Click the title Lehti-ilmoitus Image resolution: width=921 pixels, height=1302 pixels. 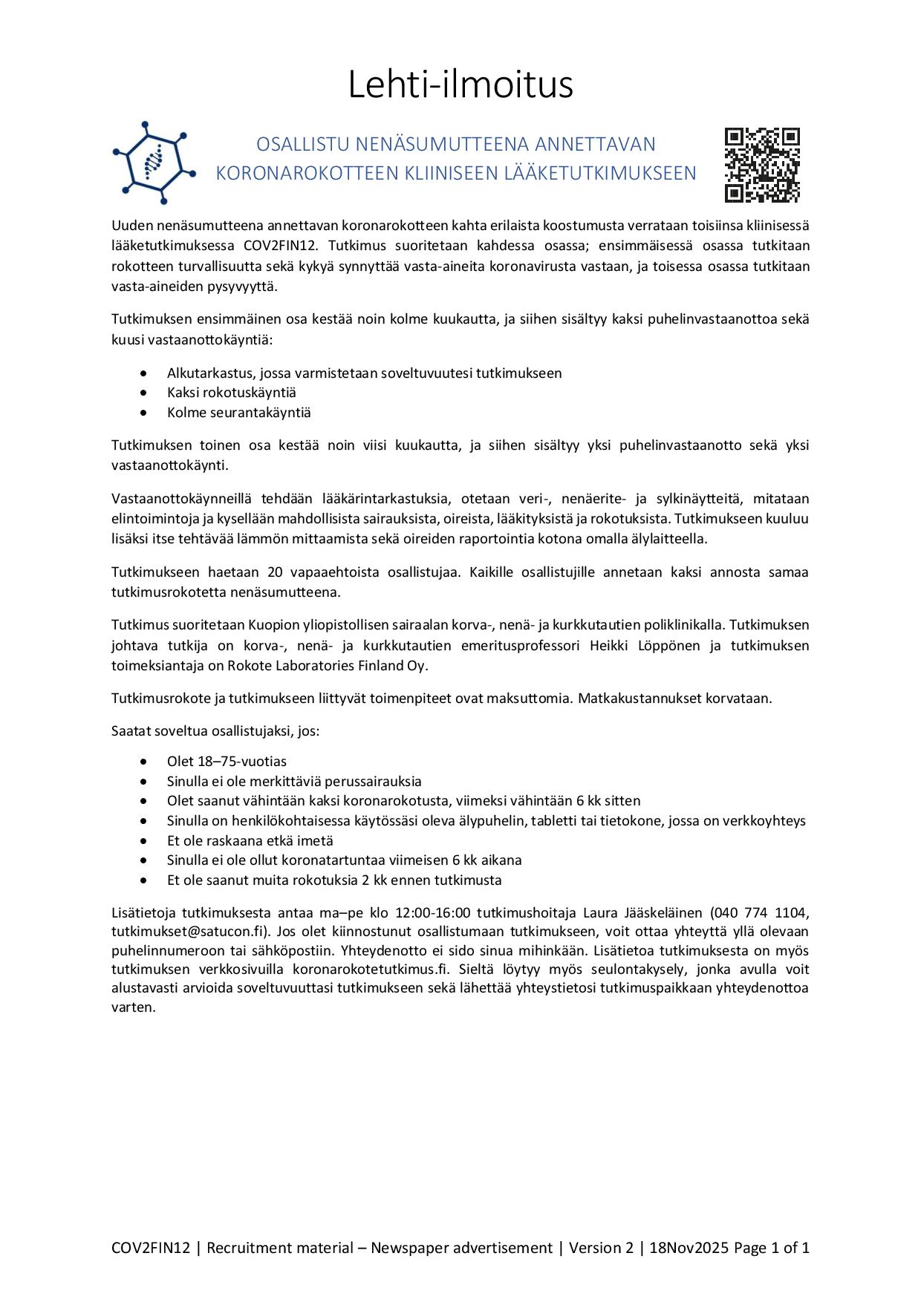pos(461,85)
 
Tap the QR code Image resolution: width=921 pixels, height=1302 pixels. pos(762,165)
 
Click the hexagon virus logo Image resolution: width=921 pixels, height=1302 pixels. pos(154,163)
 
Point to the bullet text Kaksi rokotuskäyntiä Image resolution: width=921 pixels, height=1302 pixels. pos(231,393)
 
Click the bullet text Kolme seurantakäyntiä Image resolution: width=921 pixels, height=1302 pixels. pos(238,413)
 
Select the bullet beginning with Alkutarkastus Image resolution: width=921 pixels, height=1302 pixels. pos(364,373)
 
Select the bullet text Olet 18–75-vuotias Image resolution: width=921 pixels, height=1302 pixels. pos(227,762)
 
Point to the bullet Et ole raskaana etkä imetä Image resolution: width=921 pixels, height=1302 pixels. pos(250,841)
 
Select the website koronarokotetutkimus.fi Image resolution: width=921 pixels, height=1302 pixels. pos(371,969)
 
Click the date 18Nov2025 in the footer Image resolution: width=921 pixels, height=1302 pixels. pos(689,1248)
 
